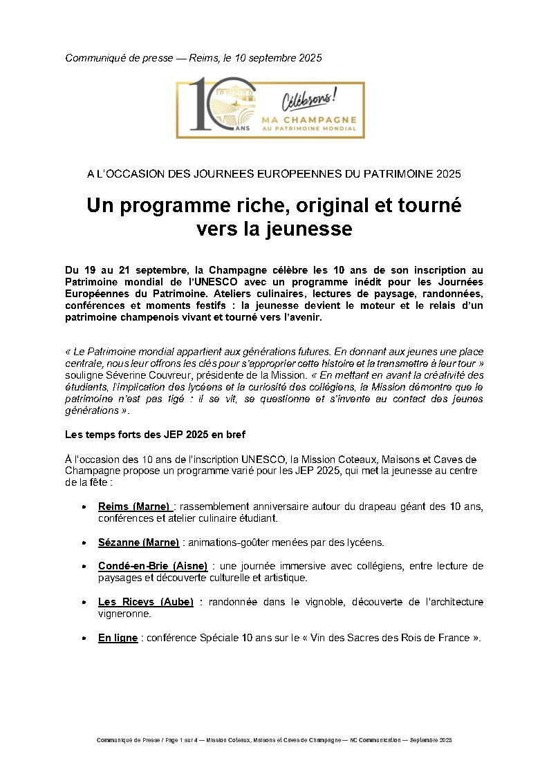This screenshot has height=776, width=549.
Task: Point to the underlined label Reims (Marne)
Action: pos(135,507)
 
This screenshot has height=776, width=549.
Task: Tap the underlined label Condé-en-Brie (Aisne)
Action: pos(152,566)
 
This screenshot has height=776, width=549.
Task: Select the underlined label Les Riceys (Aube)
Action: pos(145,602)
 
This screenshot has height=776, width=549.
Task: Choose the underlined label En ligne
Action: pos(118,638)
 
